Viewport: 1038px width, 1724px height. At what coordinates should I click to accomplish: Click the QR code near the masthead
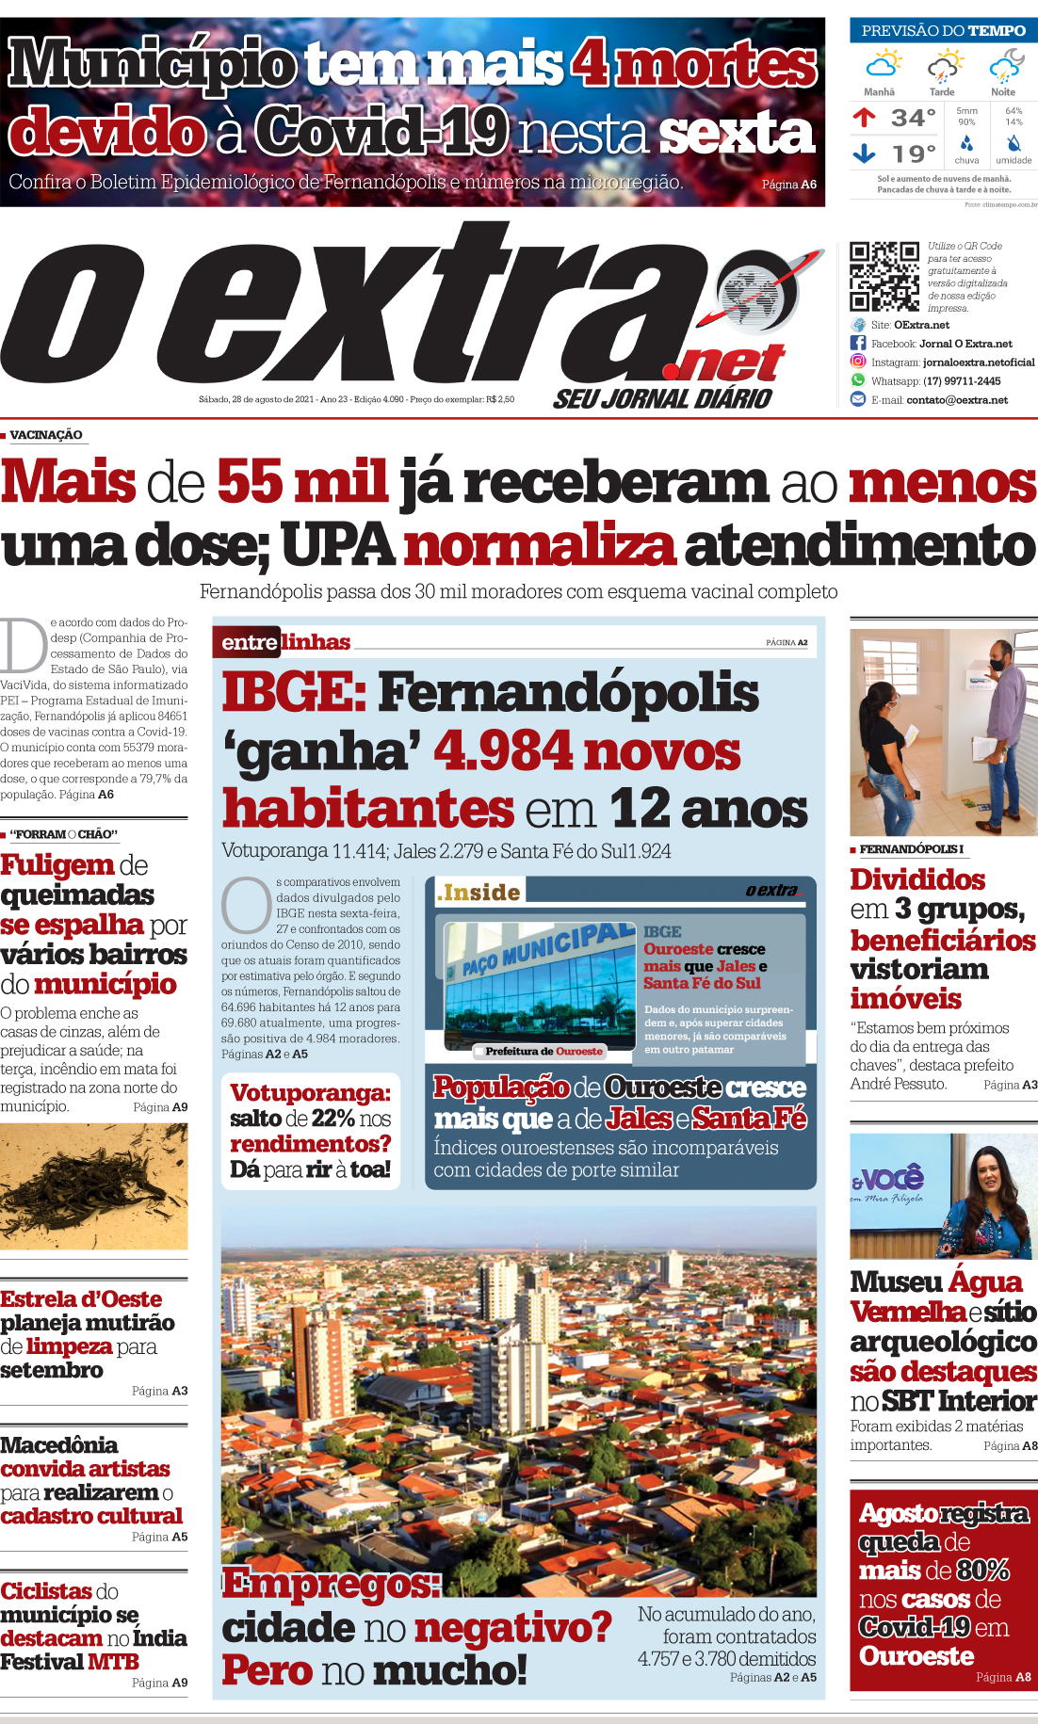pyautogui.click(x=884, y=276)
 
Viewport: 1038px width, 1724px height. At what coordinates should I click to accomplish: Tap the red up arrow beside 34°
pyautogui.click(x=864, y=118)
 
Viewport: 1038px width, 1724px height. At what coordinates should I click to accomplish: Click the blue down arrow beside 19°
pyautogui.click(x=864, y=153)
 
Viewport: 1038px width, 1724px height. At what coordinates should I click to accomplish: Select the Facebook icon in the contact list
pyautogui.click(x=858, y=344)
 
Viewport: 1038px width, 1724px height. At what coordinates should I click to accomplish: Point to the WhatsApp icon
pyautogui.click(x=858, y=380)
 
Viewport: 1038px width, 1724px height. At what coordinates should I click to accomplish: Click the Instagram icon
pyautogui.click(x=858, y=362)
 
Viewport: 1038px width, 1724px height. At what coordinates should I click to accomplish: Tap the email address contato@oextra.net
pyautogui.click(x=957, y=400)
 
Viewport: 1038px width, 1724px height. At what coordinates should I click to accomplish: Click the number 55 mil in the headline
pyautogui.click(x=302, y=482)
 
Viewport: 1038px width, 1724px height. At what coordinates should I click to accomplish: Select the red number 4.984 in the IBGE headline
pyautogui.click(x=502, y=751)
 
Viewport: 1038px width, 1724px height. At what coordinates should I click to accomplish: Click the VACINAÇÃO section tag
pyautogui.click(x=46, y=435)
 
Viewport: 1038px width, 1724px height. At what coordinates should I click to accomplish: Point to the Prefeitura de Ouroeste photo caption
pyautogui.click(x=543, y=1051)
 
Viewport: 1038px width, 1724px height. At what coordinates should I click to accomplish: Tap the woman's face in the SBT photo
pyautogui.click(x=989, y=1173)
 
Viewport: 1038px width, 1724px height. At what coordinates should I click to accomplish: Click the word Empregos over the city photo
pyautogui.click(x=331, y=1584)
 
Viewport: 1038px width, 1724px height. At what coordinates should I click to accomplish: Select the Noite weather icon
pyautogui.click(x=1004, y=68)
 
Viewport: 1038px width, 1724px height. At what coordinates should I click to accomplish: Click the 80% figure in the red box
pyautogui.click(x=981, y=1571)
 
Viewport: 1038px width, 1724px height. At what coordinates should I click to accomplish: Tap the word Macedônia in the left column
pyautogui.click(x=59, y=1445)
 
